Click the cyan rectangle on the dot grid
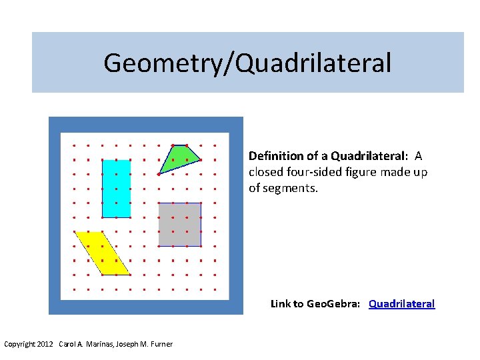click(x=116, y=188)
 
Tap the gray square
click(x=179, y=225)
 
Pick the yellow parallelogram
click(x=101, y=253)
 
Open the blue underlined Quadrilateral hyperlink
click(x=401, y=304)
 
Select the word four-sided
click(x=309, y=172)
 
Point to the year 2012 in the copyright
click(x=45, y=344)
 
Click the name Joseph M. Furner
click(x=144, y=344)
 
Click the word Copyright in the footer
click(x=19, y=344)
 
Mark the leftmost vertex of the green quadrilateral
click(x=159, y=174)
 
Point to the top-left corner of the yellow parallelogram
click(x=75, y=232)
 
